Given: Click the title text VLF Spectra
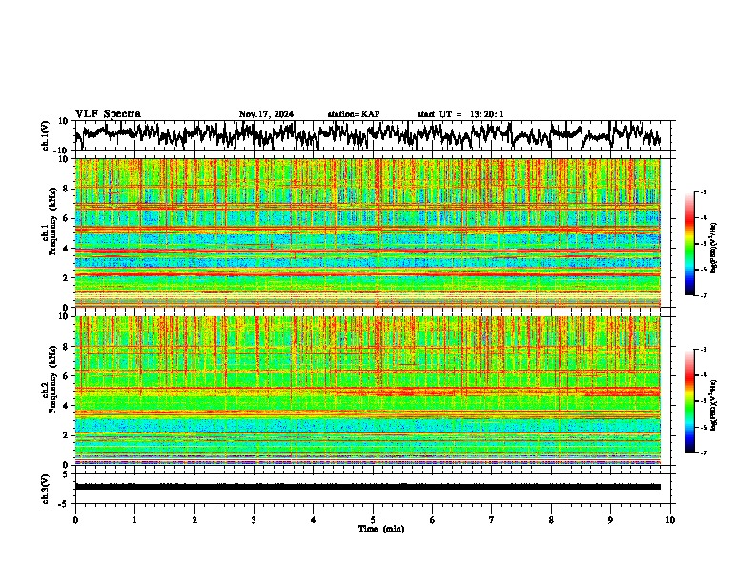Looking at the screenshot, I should tap(108, 113).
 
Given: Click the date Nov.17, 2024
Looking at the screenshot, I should tap(266, 114).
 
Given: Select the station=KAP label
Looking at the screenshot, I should tap(353, 114).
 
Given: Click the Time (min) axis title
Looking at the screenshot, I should tap(379, 528).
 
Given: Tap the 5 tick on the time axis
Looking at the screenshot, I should tap(373, 520).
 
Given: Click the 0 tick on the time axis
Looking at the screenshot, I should tap(75, 520).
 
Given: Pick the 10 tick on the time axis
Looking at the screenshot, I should tap(670, 520).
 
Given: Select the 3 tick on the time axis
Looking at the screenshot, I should tap(254, 520).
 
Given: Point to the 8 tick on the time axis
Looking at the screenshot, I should tap(551, 520).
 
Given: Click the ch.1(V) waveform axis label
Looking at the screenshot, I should tap(45, 135).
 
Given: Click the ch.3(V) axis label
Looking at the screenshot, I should tap(45, 486).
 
